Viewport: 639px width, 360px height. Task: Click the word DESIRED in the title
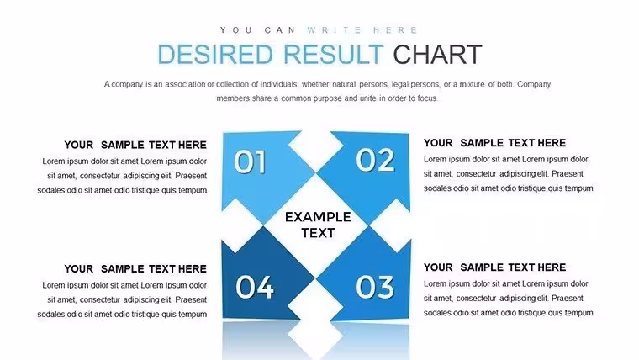[x=214, y=55]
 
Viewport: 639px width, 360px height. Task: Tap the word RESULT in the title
[x=333, y=55]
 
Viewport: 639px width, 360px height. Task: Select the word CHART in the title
[x=437, y=55]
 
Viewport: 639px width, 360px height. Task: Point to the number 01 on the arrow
[x=250, y=161]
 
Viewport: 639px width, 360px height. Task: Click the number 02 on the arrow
[x=375, y=160]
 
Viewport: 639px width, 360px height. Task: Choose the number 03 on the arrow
[x=375, y=287]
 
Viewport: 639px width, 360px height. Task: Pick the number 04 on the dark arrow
[x=255, y=287]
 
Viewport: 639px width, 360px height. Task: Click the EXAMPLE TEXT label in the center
[x=318, y=225]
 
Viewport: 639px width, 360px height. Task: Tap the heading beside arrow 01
[x=135, y=145]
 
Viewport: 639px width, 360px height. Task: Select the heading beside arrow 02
[x=494, y=143]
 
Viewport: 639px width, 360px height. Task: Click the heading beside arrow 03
[x=494, y=267]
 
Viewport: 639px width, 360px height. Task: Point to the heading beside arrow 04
[x=135, y=268]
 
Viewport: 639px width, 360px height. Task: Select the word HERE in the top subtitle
[x=395, y=30]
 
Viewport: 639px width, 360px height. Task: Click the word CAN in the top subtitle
[x=280, y=30]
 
